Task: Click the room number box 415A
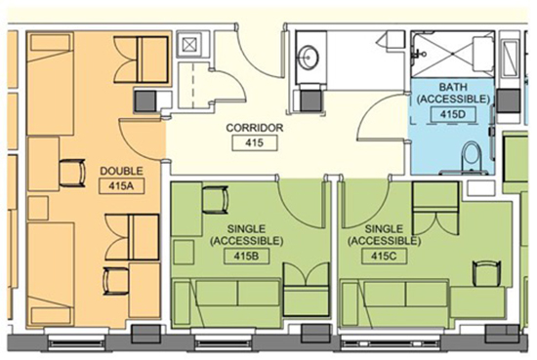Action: [121, 186]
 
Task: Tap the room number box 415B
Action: [247, 257]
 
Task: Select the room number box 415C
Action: [385, 257]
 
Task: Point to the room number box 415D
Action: [453, 114]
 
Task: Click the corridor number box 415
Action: [255, 142]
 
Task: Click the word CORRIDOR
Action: [255, 128]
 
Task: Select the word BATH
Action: [453, 86]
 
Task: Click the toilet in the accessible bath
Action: [472, 158]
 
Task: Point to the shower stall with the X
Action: [453, 54]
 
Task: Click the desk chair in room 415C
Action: [486, 273]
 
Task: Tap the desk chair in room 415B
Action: [215, 200]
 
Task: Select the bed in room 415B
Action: [227, 299]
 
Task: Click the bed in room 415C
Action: [394, 299]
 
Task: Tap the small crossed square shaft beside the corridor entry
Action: [189, 44]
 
